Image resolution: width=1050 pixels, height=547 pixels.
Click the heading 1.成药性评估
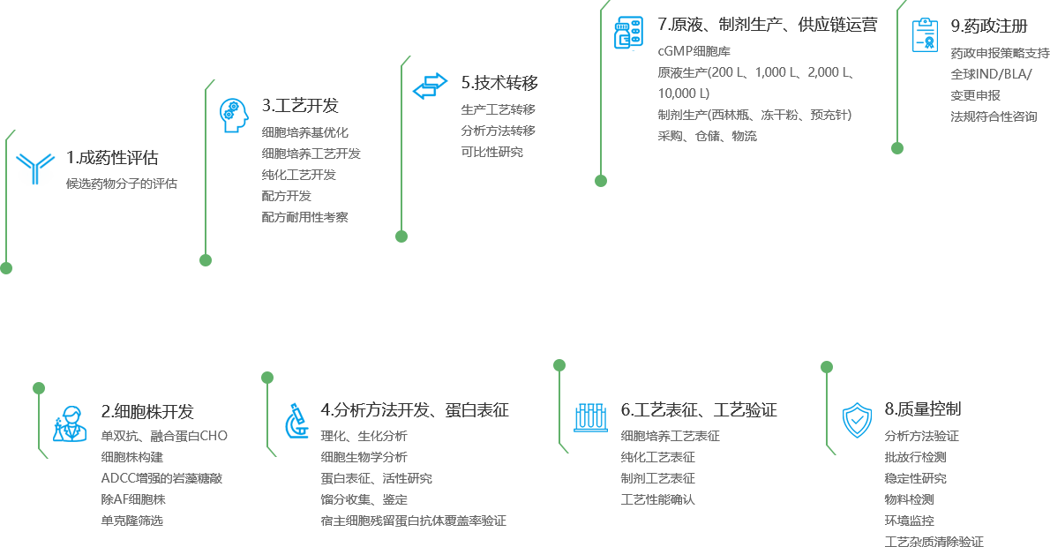(113, 158)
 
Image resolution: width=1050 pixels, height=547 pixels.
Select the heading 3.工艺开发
(300, 105)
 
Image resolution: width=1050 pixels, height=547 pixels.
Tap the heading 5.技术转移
(499, 83)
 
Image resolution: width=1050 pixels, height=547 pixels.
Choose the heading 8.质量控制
(922, 408)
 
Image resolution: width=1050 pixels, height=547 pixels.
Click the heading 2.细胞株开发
(147, 411)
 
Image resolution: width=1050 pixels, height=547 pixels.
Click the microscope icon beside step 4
(296, 421)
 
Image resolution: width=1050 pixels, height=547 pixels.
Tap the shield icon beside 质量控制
(854, 419)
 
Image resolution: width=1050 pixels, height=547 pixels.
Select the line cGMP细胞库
(694, 51)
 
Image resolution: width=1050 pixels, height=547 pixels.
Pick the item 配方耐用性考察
(311, 216)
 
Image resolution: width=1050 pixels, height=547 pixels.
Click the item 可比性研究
(491, 152)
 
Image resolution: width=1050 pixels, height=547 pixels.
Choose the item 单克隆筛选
(132, 520)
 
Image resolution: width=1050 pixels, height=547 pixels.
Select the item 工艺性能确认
(658, 499)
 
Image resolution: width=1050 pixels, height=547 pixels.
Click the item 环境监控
(909, 521)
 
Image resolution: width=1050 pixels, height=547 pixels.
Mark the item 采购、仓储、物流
(707, 136)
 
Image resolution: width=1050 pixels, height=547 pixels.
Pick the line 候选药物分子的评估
(122, 184)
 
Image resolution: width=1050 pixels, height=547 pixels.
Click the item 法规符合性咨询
(994, 116)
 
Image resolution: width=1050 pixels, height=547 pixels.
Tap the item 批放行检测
(915, 457)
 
